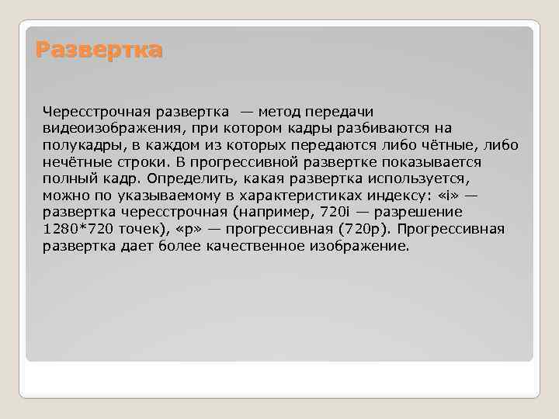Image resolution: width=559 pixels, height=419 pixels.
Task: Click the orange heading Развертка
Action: point(99,51)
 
